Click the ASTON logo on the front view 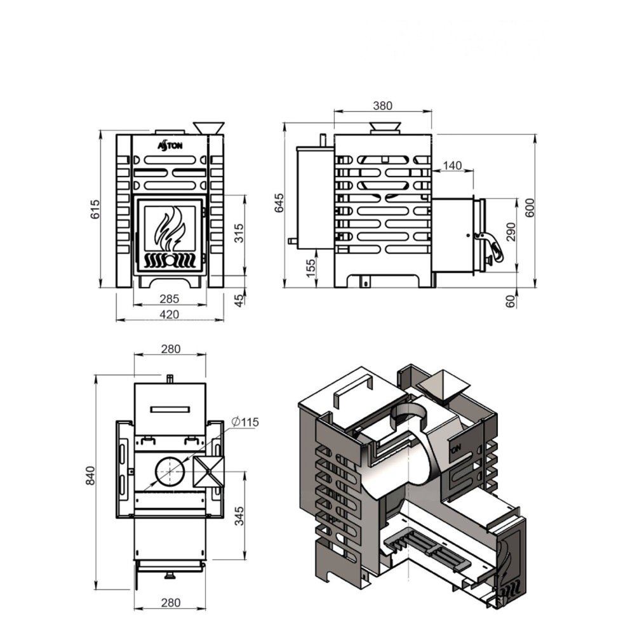pos(170,145)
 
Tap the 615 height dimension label pos(95,209)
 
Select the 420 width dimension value pos(170,314)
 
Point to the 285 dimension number pos(170,299)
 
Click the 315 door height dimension pos(239,233)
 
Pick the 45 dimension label pos(239,300)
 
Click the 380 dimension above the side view pos(382,105)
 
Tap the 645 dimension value pos(279,203)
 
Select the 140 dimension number pos(452,165)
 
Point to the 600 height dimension pos(530,208)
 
